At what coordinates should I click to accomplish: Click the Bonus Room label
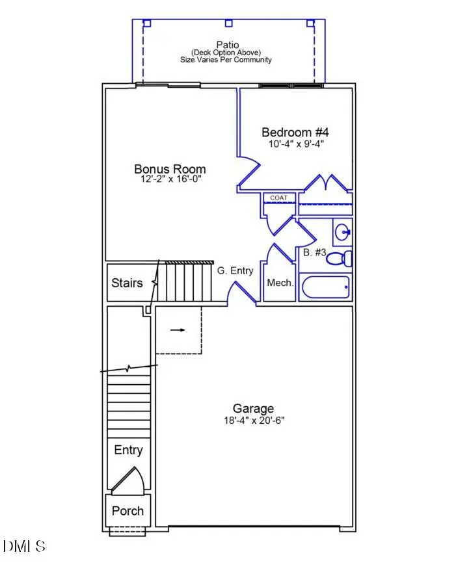[x=170, y=169]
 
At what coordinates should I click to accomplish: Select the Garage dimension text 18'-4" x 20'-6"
[x=253, y=421]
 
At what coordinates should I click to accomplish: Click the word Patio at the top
[x=228, y=45]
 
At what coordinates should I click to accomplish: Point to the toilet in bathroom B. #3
[x=340, y=258]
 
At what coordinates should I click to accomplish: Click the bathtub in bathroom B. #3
[x=325, y=287]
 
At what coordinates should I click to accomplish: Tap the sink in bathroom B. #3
[x=343, y=231]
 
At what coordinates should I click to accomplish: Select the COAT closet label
[x=279, y=198]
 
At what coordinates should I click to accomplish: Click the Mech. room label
[x=280, y=283]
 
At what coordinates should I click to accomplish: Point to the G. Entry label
[x=235, y=270]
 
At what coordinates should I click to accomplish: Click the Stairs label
[x=127, y=283]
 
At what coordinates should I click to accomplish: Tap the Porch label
[x=127, y=510]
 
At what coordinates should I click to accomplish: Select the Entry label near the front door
[x=128, y=450]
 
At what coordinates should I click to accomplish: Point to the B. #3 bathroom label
[x=315, y=252]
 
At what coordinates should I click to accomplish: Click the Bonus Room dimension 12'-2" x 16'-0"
[x=170, y=179]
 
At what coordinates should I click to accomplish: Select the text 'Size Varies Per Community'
[x=226, y=60]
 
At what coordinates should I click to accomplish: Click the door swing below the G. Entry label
[x=240, y=294]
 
